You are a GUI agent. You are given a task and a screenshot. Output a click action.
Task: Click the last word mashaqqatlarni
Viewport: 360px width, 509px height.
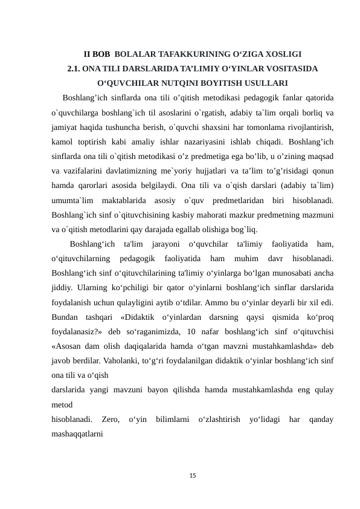point(77,433)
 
